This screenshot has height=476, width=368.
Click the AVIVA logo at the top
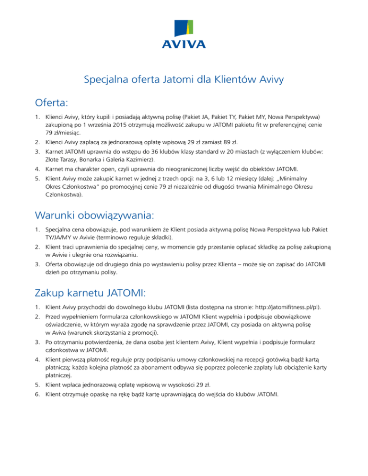pyautogui.click(x=184, y=34)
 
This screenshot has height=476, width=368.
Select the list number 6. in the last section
pyautogui.click(x=36, y=396)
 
